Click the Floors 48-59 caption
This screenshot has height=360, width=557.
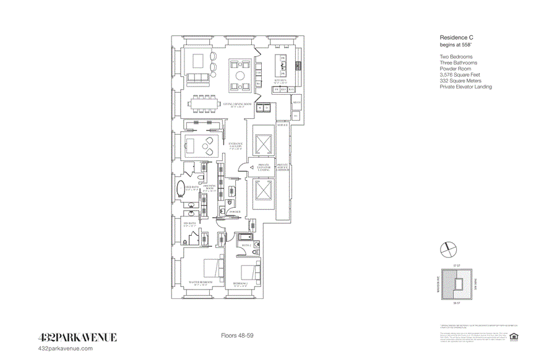[x=238, y=335]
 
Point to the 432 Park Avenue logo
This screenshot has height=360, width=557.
[x=77, y=337]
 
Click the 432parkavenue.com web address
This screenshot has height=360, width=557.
[x=66, y=349]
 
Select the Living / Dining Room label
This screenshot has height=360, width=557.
[x=238, y=104]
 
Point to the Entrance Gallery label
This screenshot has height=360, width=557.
[x=235, y=146]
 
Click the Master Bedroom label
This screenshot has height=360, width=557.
[x=201, y=283]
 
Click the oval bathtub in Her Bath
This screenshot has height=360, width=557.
[x=183, y=189]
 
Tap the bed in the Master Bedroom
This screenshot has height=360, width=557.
[x=210, y=268]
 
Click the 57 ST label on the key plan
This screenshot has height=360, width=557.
[x=458, y=265]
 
